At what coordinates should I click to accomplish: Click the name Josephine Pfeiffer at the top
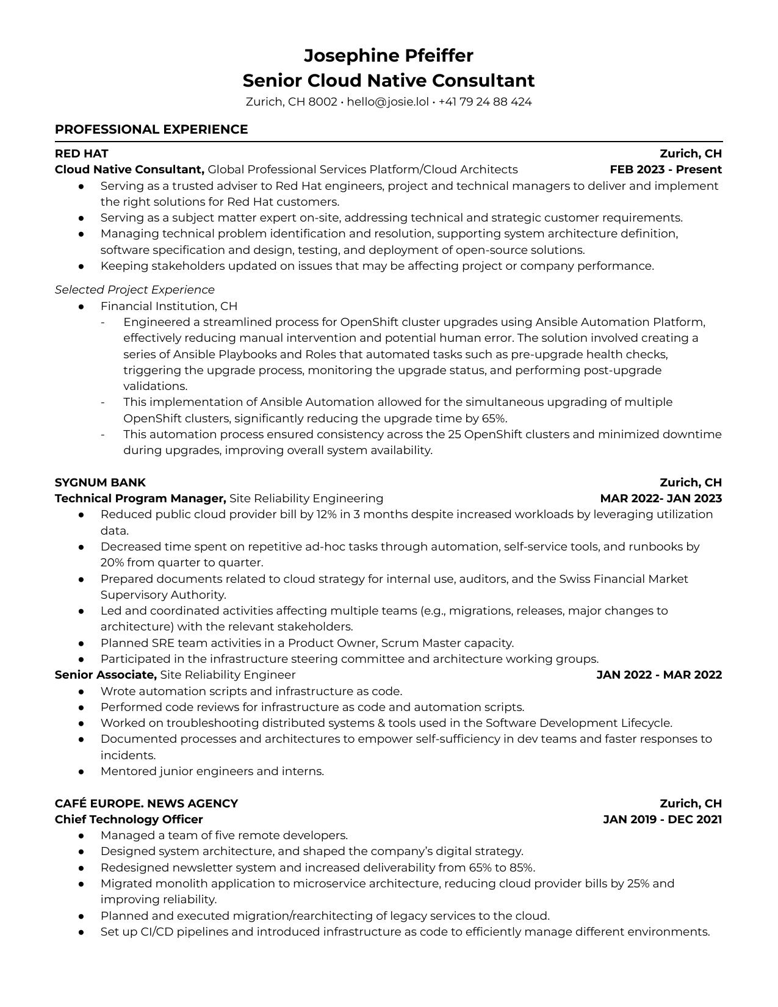[x=388, y=56]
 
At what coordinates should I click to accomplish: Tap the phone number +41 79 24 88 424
[x=484, y=102]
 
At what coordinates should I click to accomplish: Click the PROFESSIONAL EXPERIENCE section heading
[x=151, y=129]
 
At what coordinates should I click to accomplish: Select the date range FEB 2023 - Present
[x=665, y=170]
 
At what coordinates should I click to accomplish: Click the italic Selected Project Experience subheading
[x=135, y=290]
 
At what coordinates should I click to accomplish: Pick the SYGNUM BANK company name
[x=100, y=482]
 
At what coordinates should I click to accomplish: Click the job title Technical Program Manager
[x=140, y=499]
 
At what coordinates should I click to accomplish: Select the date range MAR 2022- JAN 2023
[x=660, y=499]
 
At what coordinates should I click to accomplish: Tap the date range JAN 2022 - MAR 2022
[x=658, y=675]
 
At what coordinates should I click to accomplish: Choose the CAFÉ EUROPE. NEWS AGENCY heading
[x=146, y=803]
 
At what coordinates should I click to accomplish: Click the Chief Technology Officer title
[x=129, y=820]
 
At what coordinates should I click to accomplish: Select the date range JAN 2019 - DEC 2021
[x=662, y=820]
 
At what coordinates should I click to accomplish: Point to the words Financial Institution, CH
[x=169, y=306]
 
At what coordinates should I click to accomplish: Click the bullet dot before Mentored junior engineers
[x=81, y=771]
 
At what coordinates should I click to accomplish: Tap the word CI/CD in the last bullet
[x=154, y=932]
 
